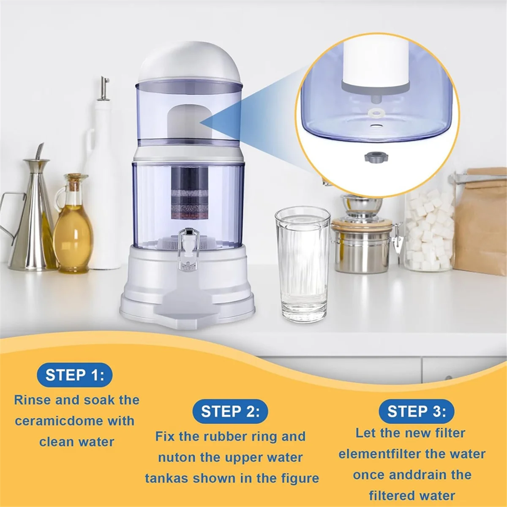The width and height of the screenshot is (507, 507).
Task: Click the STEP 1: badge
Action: [74, 375]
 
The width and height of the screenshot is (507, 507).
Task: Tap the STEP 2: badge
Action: [230, 411]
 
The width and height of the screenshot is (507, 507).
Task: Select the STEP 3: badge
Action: [416, 411]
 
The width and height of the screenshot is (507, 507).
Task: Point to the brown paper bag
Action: [482, 220]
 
